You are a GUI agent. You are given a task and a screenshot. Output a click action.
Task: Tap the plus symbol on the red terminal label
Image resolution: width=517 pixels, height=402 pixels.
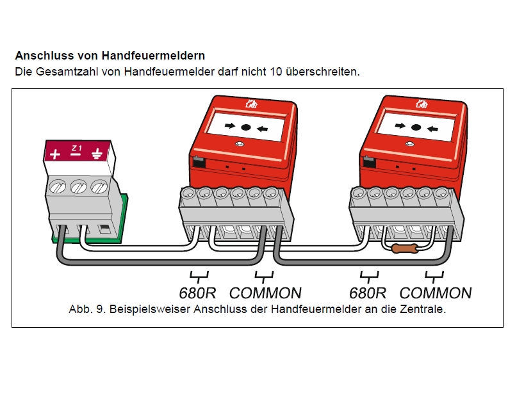(x=55, y=154)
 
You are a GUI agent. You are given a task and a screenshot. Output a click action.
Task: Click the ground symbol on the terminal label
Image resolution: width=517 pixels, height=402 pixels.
(x=97, y=154)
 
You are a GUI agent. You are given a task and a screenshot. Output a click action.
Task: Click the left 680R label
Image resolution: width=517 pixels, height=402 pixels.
(x=198, y=293)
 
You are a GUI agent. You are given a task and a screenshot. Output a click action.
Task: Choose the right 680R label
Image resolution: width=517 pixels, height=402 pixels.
(x=367, y=293)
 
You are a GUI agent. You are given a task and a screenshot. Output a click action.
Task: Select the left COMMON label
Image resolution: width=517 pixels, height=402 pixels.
(x=265, y=293)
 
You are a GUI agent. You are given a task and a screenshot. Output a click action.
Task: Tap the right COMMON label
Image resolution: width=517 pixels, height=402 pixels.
(x=436, y=293)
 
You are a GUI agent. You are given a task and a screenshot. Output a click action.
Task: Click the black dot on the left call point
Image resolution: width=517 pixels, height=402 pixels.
(x=246, y=127)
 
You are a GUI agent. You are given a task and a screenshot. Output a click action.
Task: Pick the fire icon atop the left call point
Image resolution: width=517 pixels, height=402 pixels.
(x=250, y=102)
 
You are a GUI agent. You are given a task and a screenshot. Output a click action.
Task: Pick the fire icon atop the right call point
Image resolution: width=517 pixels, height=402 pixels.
(x=422, y=102)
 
